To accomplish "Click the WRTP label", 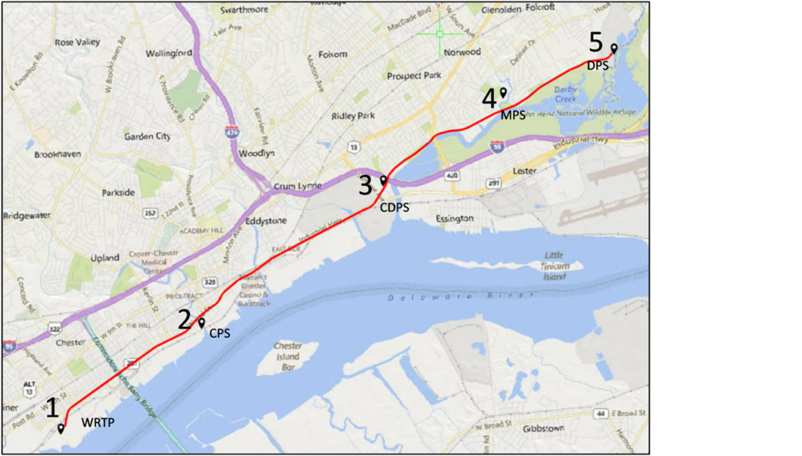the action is [x=98, y=423].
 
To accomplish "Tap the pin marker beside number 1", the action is [x=61, y=429].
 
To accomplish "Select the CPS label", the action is [x=219, y=333].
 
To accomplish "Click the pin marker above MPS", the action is [x=504, y=92].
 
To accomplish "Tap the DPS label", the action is [x=598, y=66].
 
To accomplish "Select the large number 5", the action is [x=596, y=42].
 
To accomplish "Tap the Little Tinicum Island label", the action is [x=554, y=266].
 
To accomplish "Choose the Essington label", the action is [x=454, y=219].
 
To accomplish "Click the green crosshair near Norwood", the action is [x=439, y=34].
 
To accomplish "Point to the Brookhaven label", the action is [x=57, y=154].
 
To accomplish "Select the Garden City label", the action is [x=147, y=136].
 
